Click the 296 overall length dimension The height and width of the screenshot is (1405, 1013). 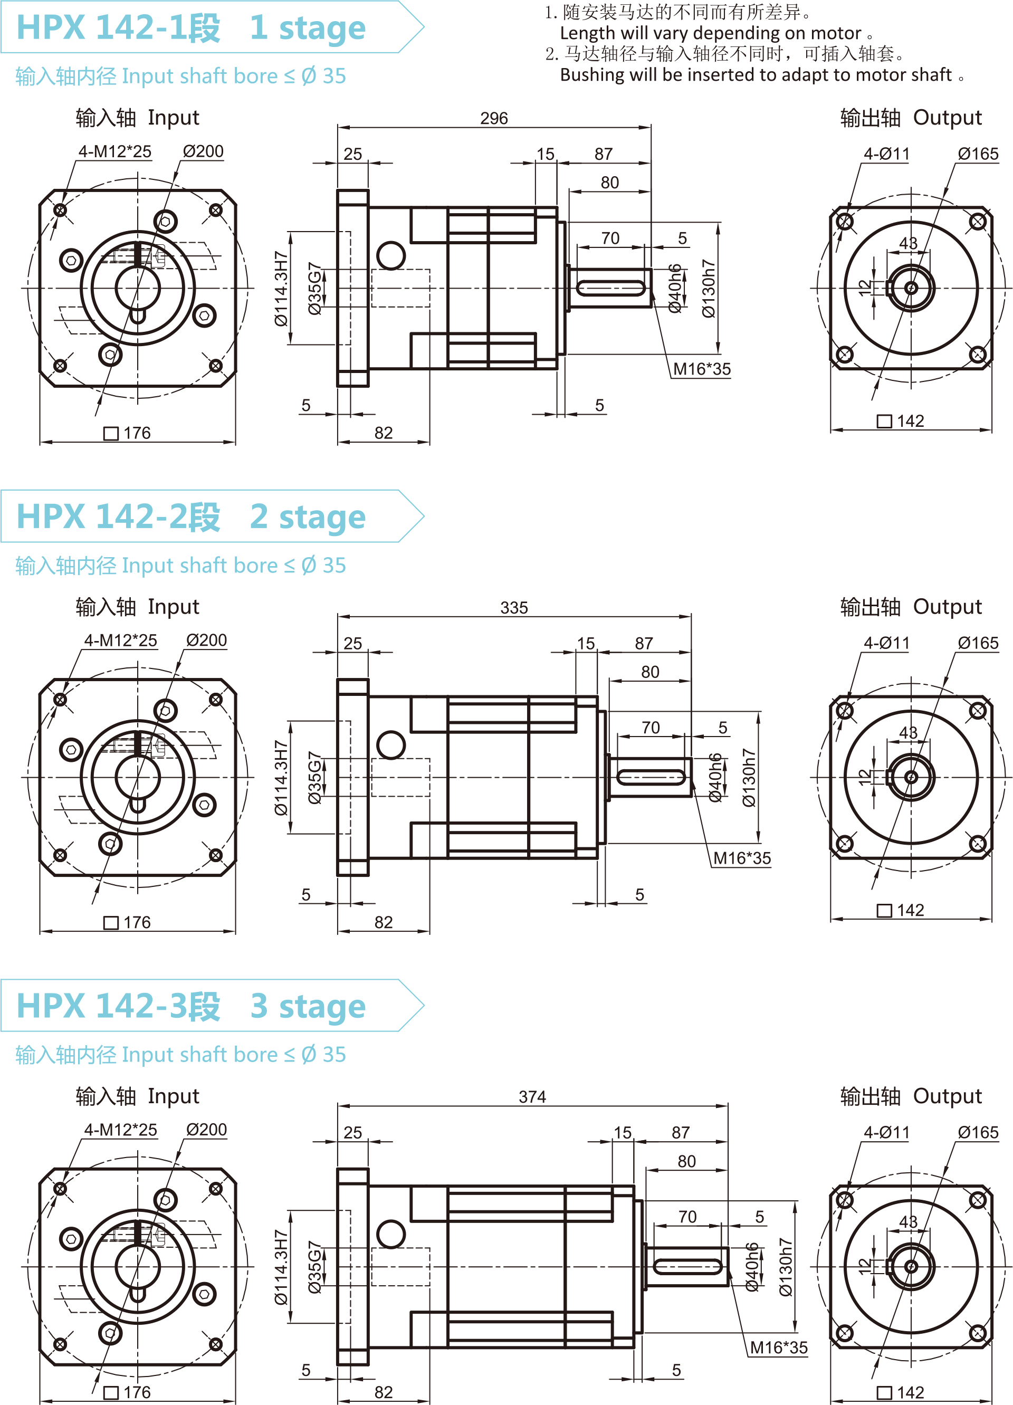click(494, 118)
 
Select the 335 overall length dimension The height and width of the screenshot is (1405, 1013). click(514, 608)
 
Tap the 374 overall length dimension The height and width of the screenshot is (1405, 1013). click(532, 1096)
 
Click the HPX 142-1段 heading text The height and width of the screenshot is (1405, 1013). click(118, 28)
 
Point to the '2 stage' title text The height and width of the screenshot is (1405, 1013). click(308, 517)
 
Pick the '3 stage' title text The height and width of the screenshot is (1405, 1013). click(308, 1006)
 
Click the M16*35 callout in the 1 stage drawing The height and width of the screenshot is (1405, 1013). click(701, 369)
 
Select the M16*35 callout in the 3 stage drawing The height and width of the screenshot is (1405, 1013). click(778, 1347)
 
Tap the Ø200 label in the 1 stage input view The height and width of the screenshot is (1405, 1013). click(203, 151)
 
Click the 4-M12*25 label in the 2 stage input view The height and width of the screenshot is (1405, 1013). click(121, 641)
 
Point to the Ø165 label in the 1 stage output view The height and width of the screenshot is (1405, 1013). click(978, 154)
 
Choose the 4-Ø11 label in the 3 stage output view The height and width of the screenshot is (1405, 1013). click(886, 1132)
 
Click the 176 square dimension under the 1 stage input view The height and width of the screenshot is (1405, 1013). click(136, 433)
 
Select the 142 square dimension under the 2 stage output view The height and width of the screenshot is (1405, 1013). click(910, 910)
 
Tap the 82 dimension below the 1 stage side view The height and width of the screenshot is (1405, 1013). click(384, 433)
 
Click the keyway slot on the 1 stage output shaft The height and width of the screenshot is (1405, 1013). click(611, 288)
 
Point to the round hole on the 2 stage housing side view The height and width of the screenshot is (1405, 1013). click(391, 744)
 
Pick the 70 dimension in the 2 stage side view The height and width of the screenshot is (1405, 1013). click(650, 727)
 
